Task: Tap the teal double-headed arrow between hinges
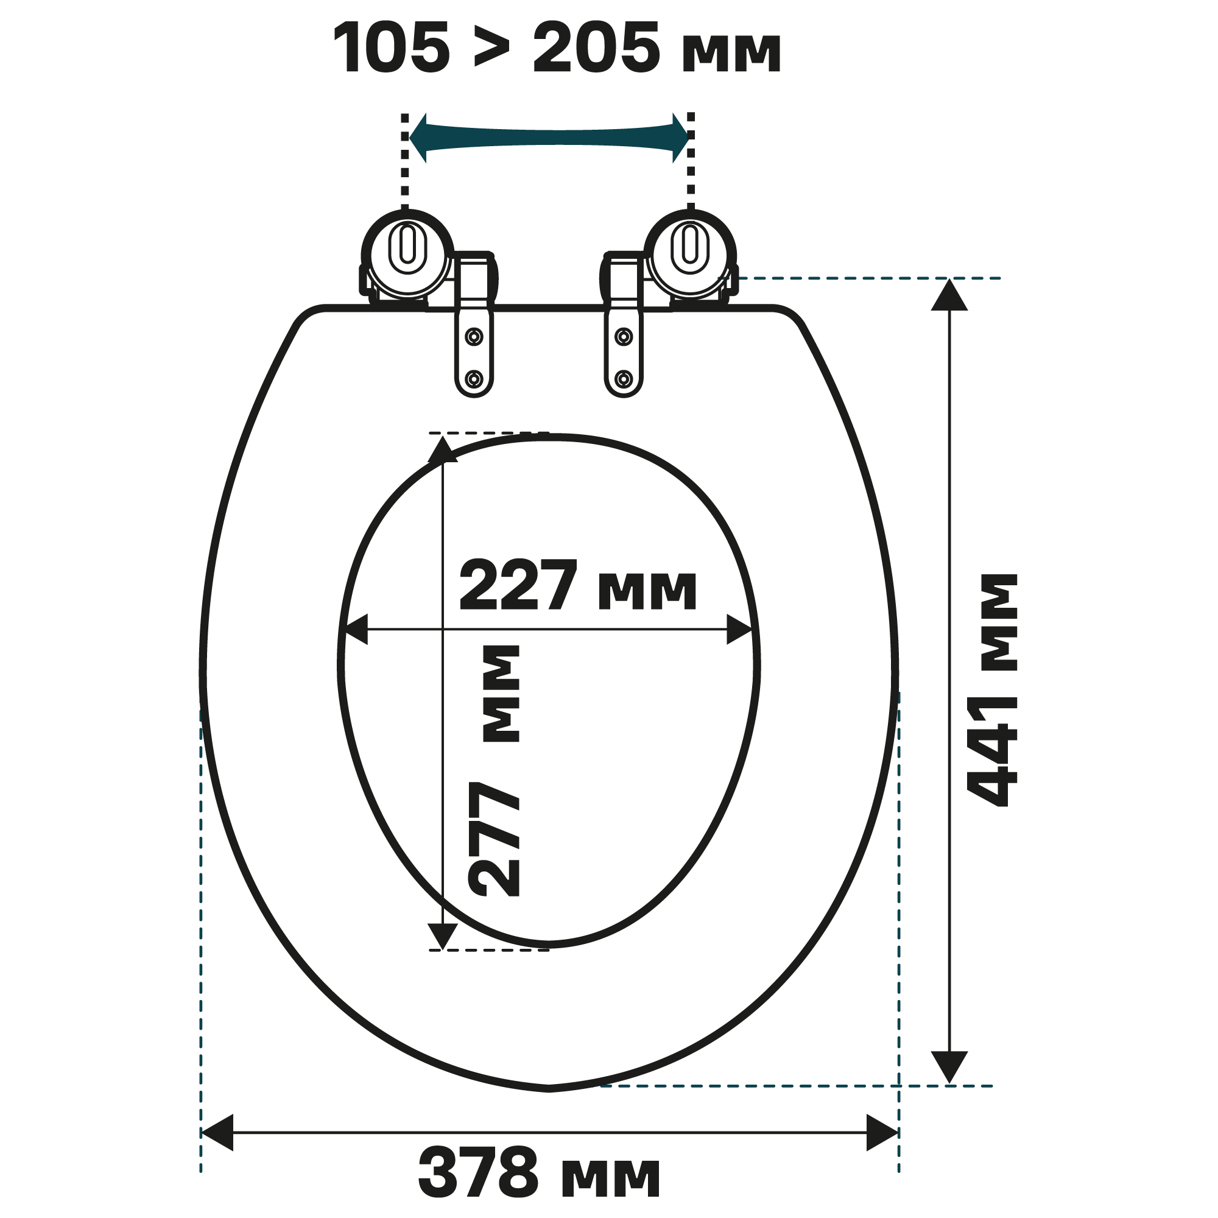[549, 138]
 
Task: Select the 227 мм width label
[577, 586]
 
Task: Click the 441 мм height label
[991, 690]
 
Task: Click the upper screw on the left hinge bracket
[474, 337]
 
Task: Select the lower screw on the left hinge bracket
[474, 379]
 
